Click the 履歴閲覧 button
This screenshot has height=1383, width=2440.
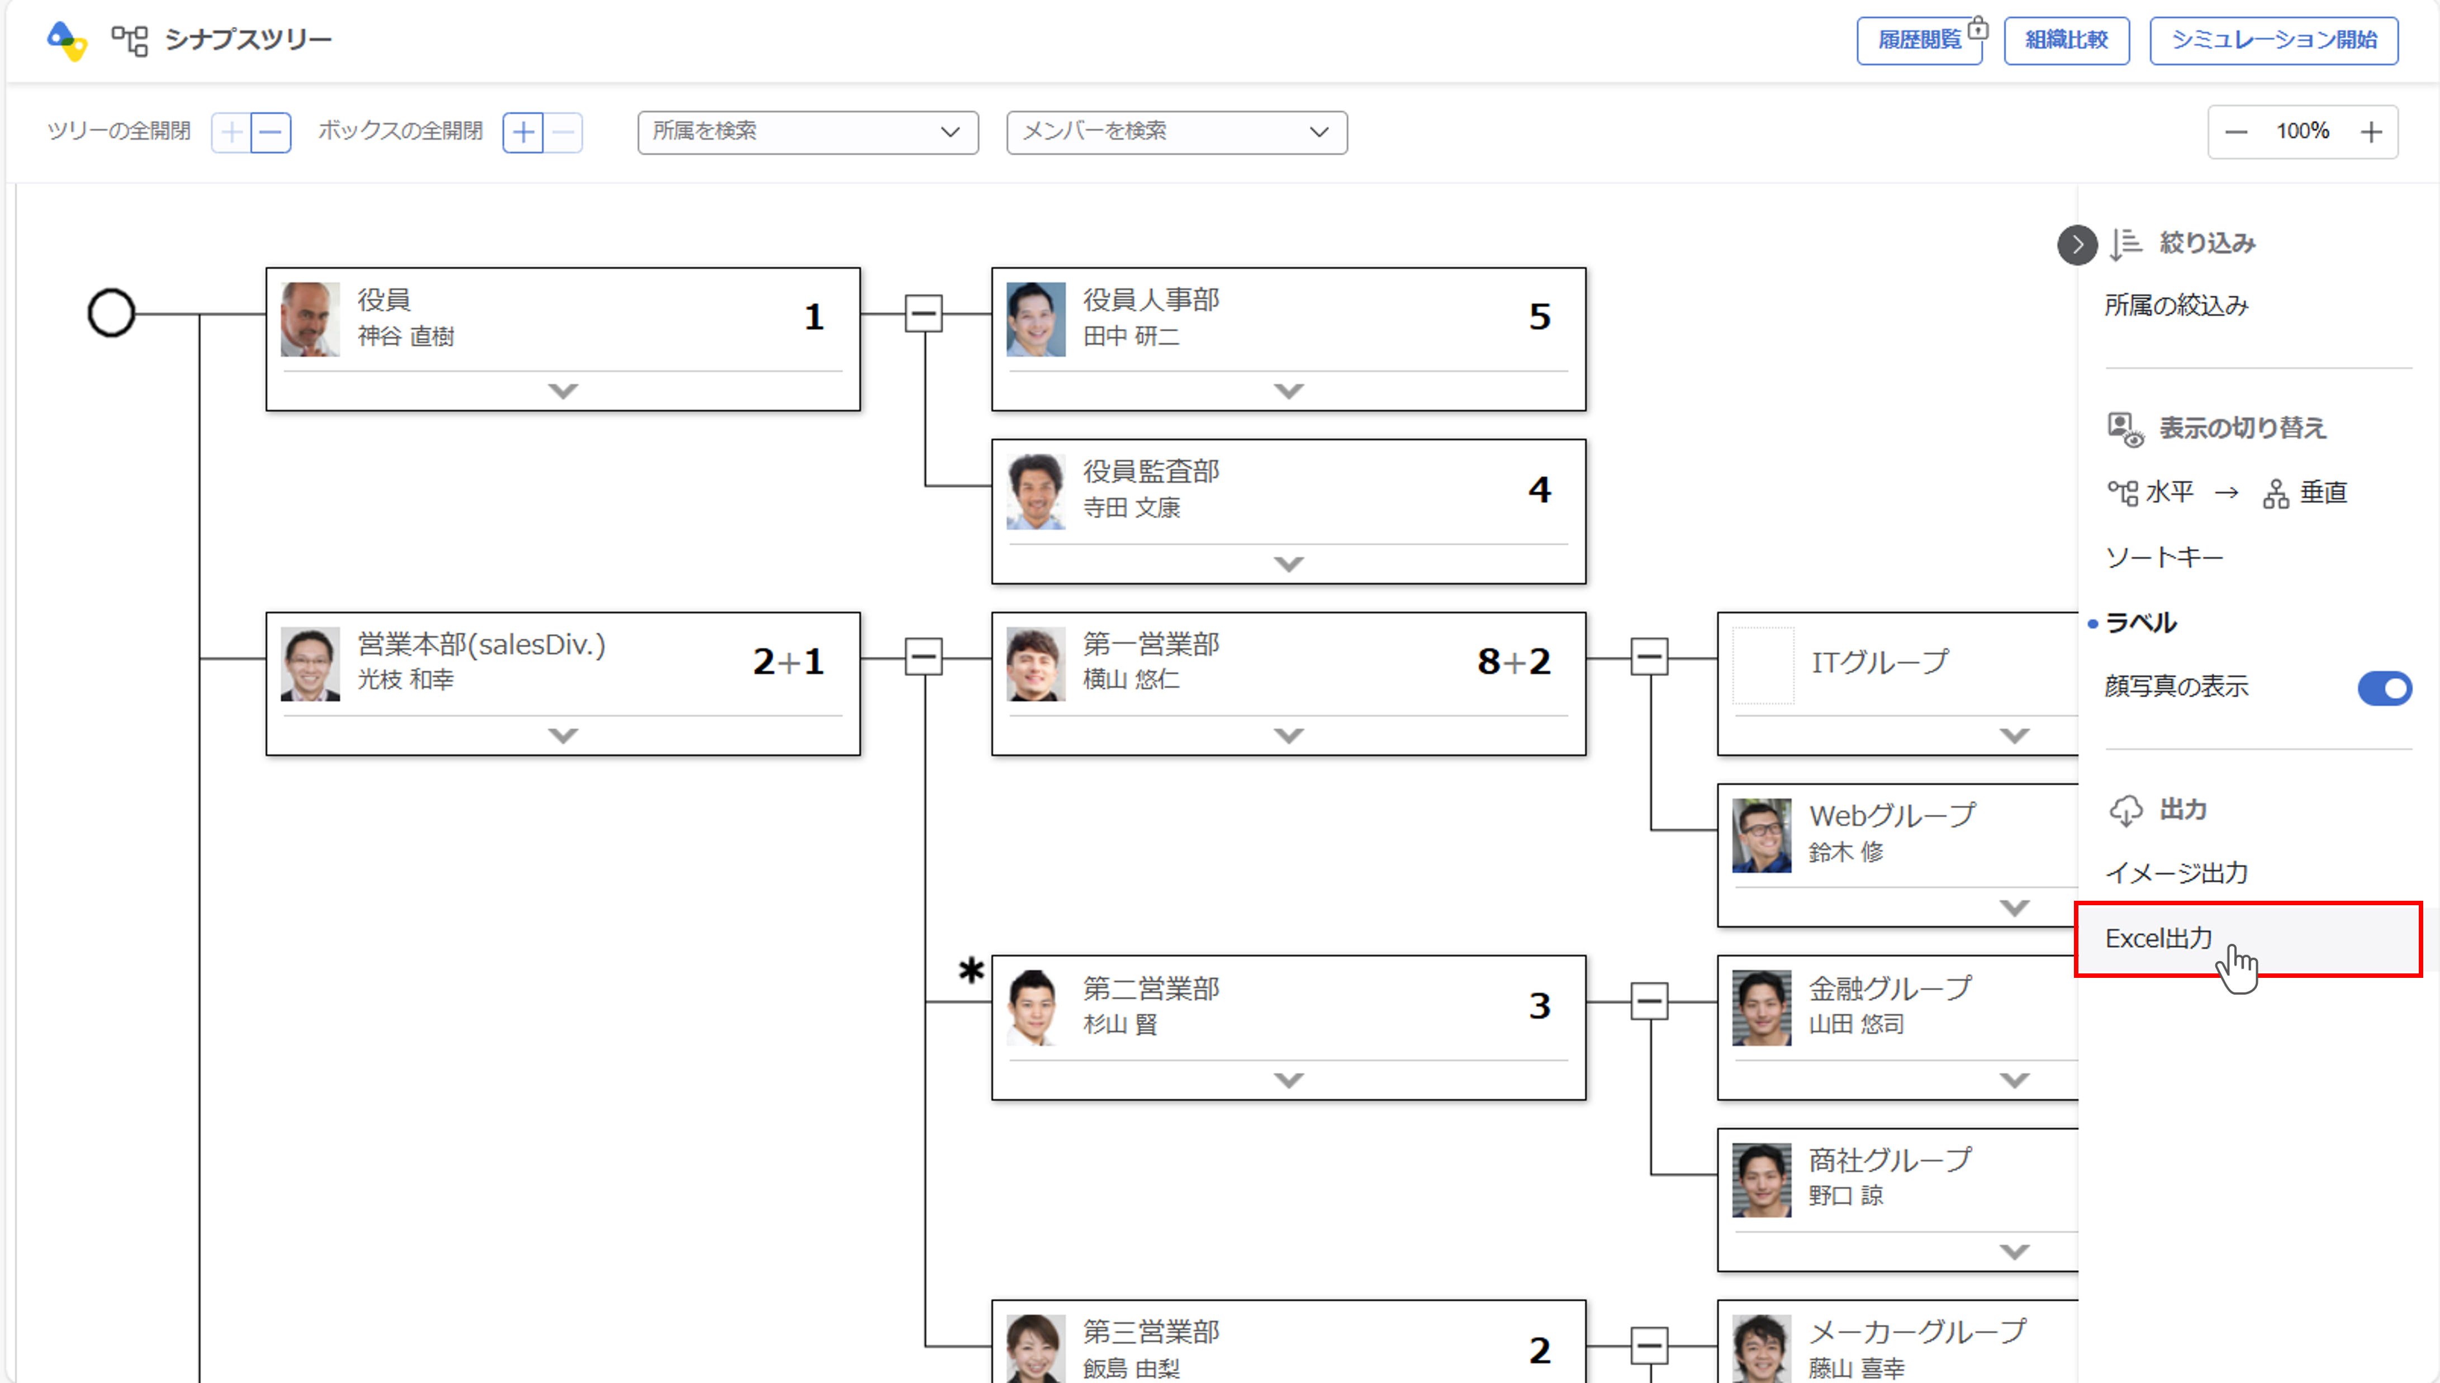tap(1919, 40)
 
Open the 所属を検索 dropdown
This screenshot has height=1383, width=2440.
tap(808, 132)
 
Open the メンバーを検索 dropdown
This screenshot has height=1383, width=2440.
tap(1176, 132)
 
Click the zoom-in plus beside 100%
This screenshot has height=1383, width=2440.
tap(2371, 132)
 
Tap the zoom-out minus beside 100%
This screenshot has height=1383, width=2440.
tap(2236, 132)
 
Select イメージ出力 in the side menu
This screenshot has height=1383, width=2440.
tap(2176, 872)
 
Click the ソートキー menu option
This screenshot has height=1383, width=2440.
tap(2163, 557)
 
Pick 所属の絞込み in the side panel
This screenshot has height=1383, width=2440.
tap(2176, 305)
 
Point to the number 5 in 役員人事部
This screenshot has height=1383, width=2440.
tap(1539, 316)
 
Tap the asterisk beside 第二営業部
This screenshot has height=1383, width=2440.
tap(971, 971)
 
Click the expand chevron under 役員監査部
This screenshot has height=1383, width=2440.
tap(1288, 563)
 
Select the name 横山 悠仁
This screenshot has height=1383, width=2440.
tap(1131, 679)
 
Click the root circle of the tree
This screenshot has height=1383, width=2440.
tap(111, 312)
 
